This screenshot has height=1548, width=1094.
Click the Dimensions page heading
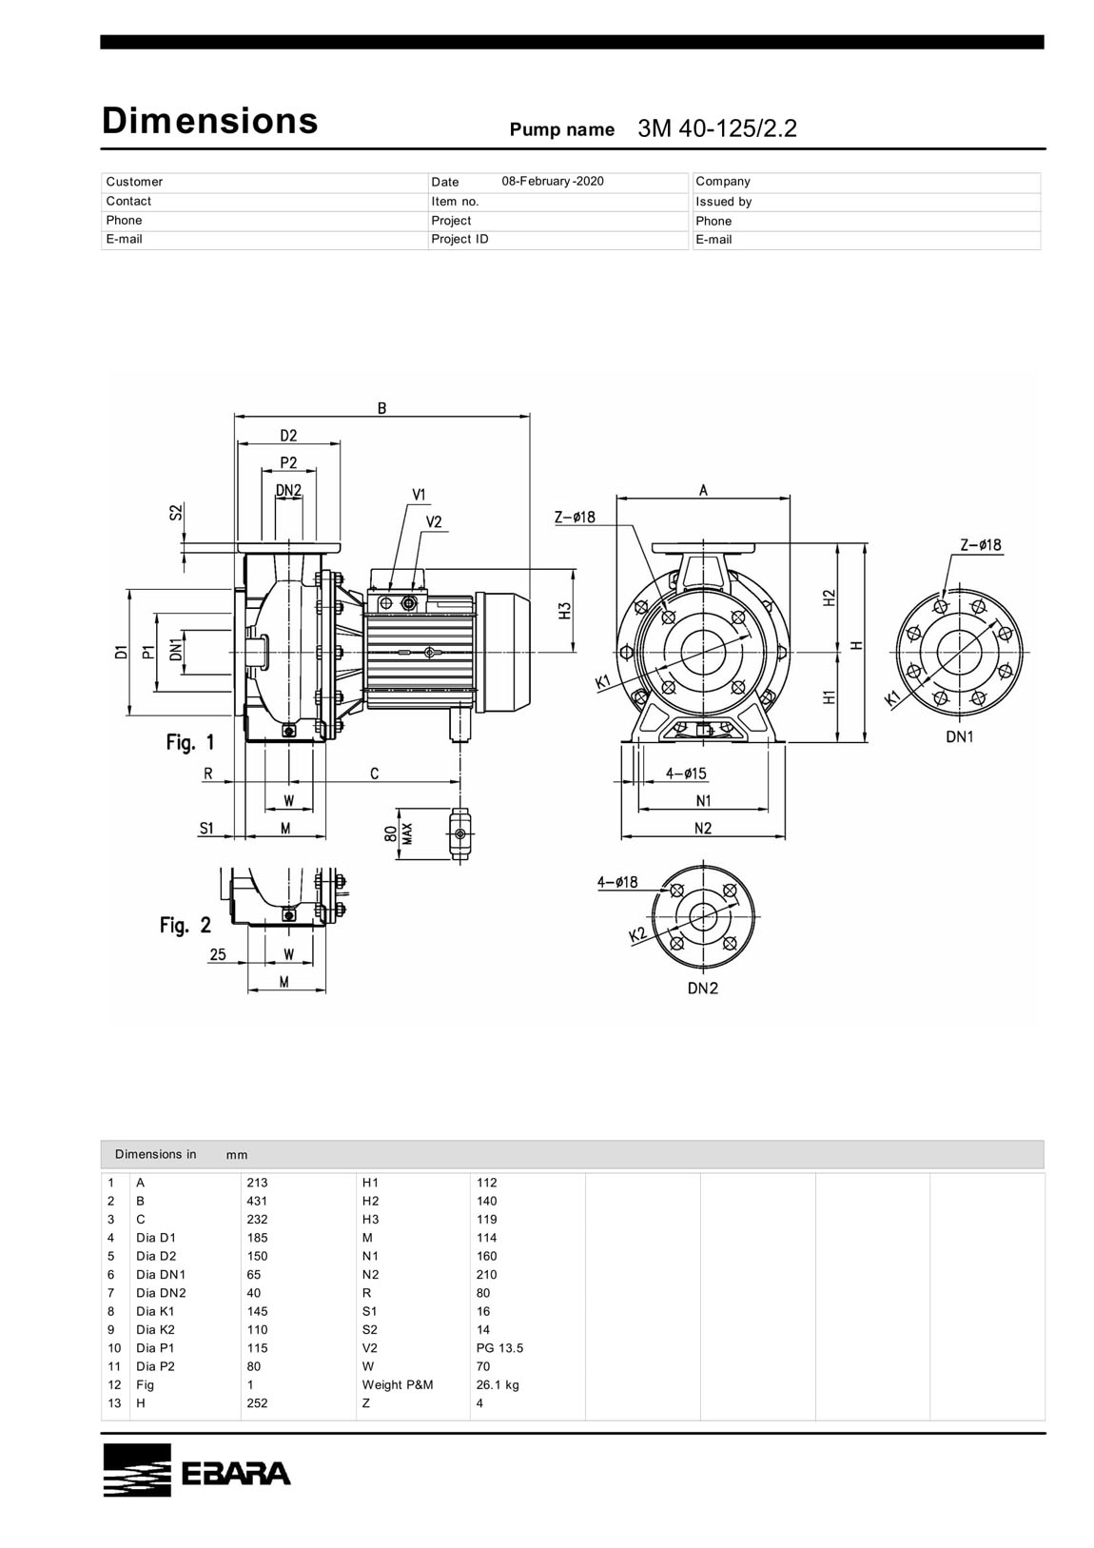[x=209, y=121]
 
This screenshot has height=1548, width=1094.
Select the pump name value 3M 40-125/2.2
[x=716, y=129]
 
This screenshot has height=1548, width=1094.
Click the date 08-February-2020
[x=552, y=181]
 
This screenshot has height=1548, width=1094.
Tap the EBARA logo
[x=197, y=1469]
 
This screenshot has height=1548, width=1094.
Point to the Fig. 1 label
[x=190, y=742]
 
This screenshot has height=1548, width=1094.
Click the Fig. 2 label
[x=186, y=924]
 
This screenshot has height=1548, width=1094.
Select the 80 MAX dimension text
[x=398, y=833]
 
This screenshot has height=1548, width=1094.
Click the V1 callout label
[x=420, y=495]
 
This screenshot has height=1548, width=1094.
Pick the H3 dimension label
[x=565, y=611]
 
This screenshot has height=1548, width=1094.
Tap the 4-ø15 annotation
[x=686, y=774]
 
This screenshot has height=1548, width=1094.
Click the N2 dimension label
[x=703, y=829]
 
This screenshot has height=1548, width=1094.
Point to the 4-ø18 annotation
[x=617, y=882]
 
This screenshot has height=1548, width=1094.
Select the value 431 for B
[x=257, y=1201]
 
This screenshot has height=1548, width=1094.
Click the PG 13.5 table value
[x=499, y=1347]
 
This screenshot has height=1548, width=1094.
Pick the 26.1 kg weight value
[x=498, y=1384]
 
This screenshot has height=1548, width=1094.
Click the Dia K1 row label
[x=155, y=1311]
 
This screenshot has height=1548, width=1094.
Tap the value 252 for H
[x=257, y=1402]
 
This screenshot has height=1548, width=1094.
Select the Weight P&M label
[x=397, y=1384]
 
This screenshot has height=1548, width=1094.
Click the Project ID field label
[x=459, y=239]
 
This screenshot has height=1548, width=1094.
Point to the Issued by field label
[x=723, y=202]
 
